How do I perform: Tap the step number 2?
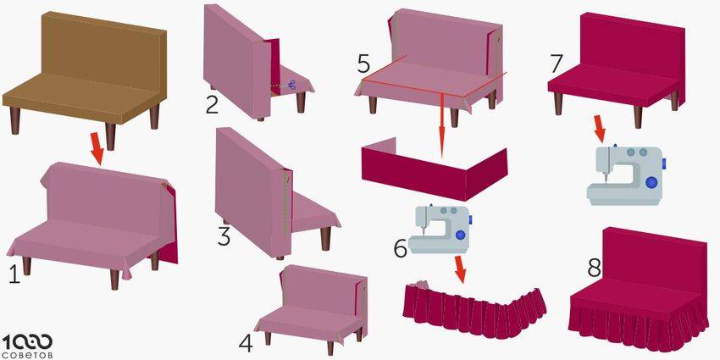point(212,105)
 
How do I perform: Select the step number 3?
point(224,236)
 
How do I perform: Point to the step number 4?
point(246,344)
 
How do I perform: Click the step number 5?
point(363,65)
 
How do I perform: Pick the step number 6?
point(400,249)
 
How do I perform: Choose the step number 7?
point(557,64)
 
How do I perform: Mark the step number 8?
point(594,269)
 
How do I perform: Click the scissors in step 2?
point(292,85)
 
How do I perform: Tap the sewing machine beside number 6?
point(439,229)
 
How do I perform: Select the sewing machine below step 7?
point(626,174)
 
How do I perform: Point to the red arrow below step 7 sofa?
point(599,128)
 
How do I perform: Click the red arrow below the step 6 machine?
point(460,269)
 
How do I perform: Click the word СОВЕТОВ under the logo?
point(28,356)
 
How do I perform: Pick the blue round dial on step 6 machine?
point(460,235)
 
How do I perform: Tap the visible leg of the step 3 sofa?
point(325,239)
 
